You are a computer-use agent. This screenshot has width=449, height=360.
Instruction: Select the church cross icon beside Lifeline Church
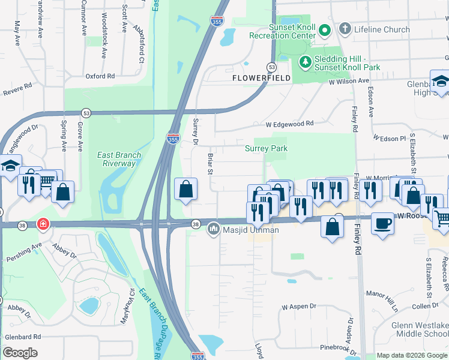click(x=345, y=29)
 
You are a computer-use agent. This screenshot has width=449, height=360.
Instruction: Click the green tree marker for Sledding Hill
click(x=305, y=61)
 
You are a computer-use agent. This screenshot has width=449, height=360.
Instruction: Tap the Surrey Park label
click(x=266, y=148)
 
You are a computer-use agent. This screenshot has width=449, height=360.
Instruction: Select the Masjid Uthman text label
click(x=250, y=230)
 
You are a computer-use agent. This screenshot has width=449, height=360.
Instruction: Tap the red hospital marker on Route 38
click(x=43, y=225)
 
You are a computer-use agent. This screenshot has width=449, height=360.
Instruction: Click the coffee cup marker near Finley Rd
click(x=383, y=223)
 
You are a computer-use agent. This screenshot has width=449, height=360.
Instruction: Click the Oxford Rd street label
click(x=100, y=76)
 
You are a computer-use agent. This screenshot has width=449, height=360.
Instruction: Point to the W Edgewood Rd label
click(x=290, y=124)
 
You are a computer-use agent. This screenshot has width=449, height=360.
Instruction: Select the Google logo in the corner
click(x=20, y=353)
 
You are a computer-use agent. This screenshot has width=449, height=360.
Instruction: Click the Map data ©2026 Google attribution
click(x=412, y=356)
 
